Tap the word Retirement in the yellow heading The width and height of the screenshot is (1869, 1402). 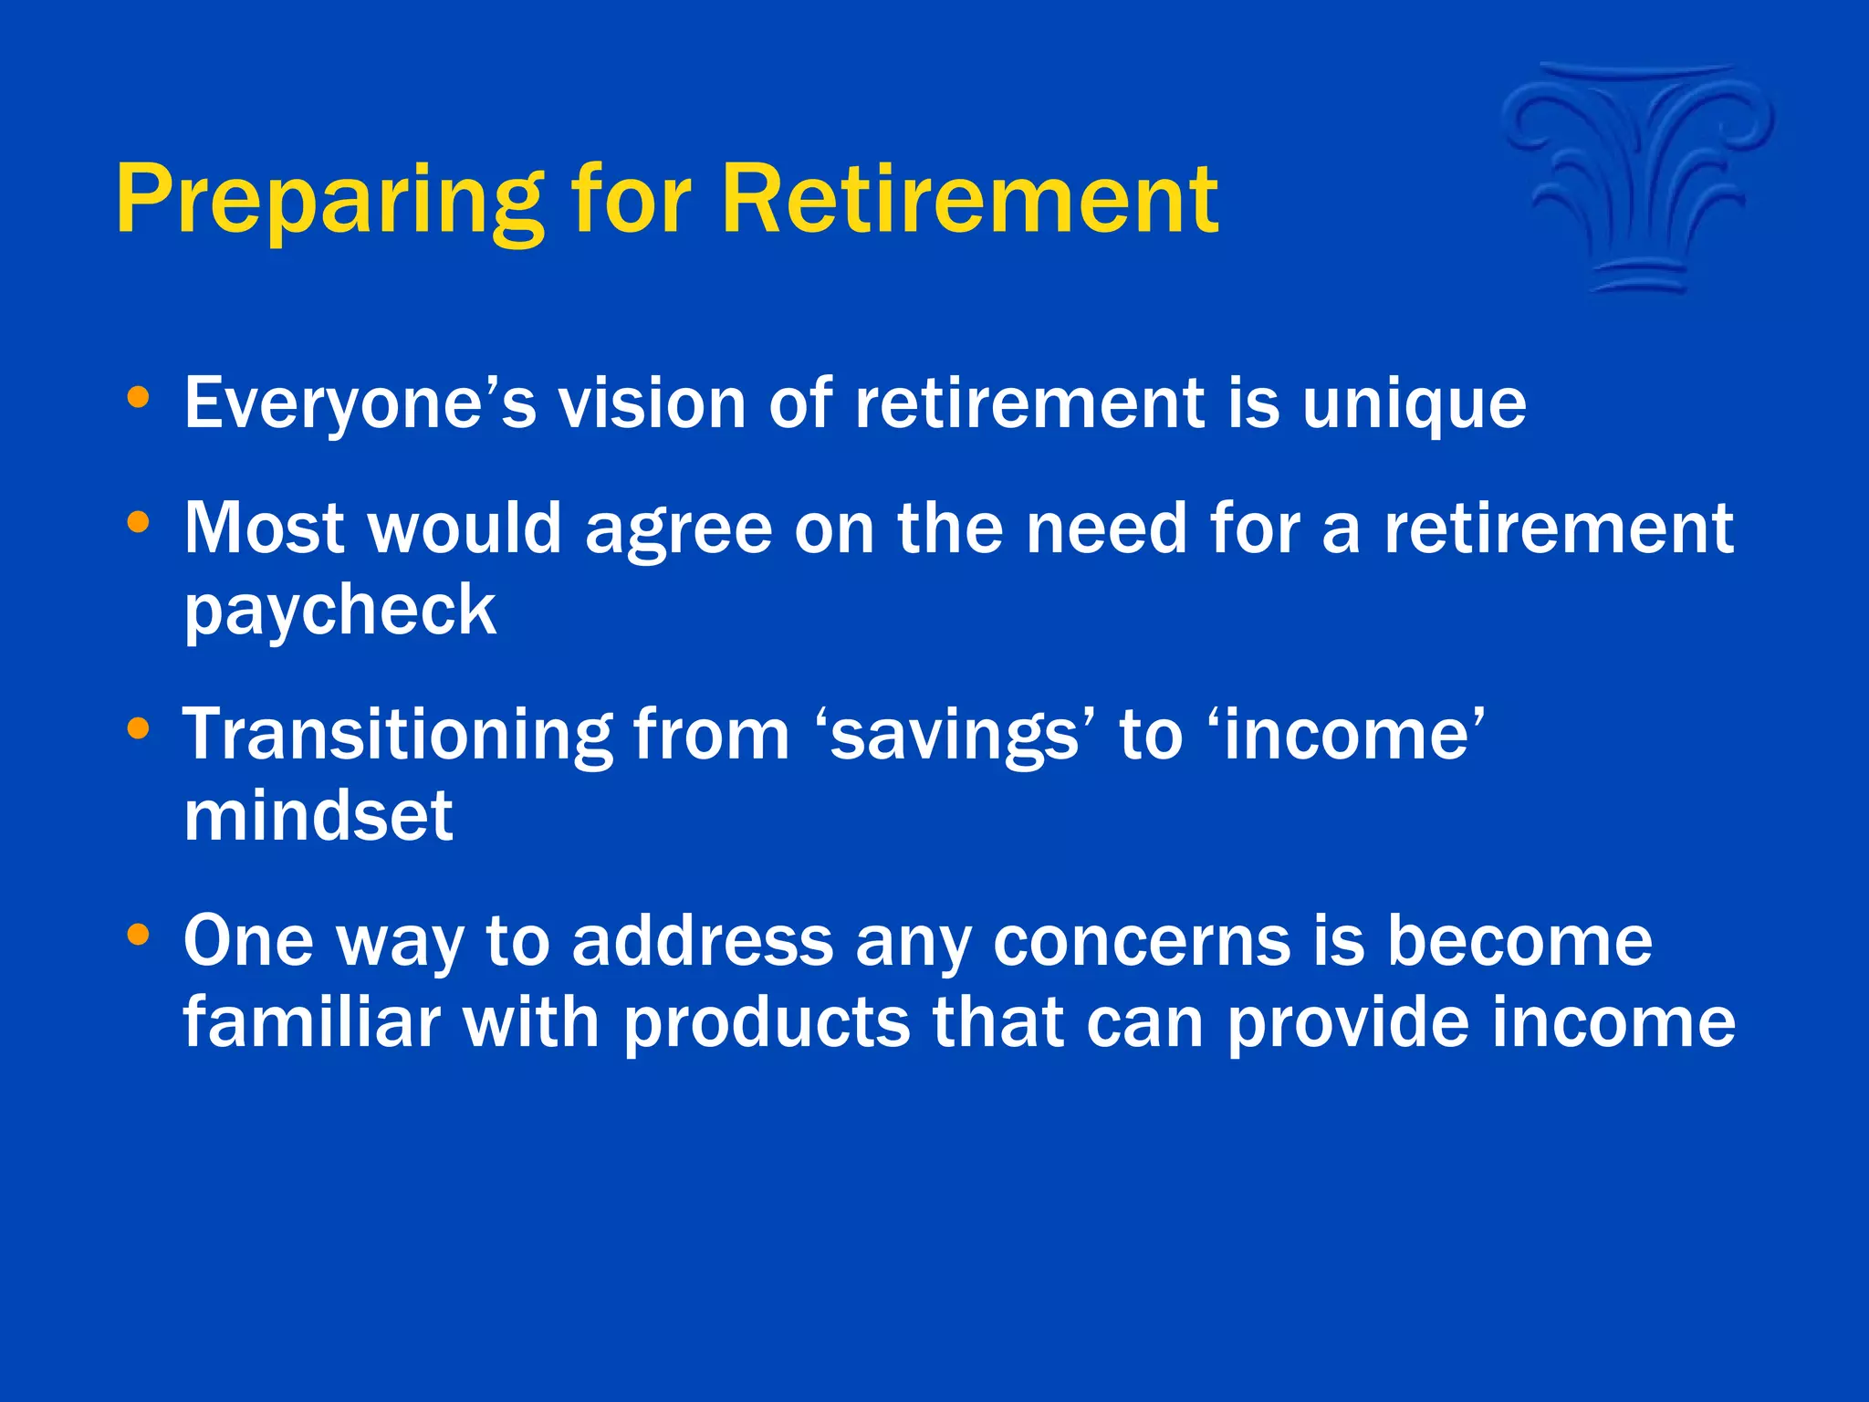(x=969, y=199)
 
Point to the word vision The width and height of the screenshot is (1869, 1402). (x=652, y=403)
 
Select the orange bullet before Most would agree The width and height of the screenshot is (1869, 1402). (x=138, y=523)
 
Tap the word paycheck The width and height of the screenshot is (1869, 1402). (x=339, y=610)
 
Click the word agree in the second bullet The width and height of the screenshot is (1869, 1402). (x=678, y=529)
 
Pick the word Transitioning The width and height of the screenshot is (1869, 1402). (x=396, y=736)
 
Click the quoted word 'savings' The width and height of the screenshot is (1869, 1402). (x=955, y=736)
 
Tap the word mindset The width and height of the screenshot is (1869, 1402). (x=318, y=816)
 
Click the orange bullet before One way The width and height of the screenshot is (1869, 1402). (x=138, y=935)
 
